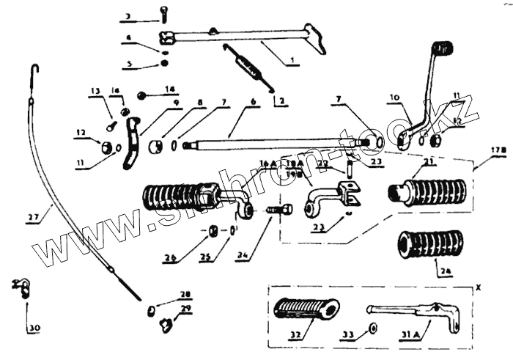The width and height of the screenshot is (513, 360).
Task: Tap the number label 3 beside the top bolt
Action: (128, 16)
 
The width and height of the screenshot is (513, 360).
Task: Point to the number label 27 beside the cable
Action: (33, 217)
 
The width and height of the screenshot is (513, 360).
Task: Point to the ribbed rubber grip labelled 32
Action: (308, 308)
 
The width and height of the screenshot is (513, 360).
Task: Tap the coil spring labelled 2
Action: (250, 64)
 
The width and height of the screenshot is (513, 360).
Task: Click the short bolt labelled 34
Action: (278, 210)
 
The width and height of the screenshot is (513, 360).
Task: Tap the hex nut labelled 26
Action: (211, 231)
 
